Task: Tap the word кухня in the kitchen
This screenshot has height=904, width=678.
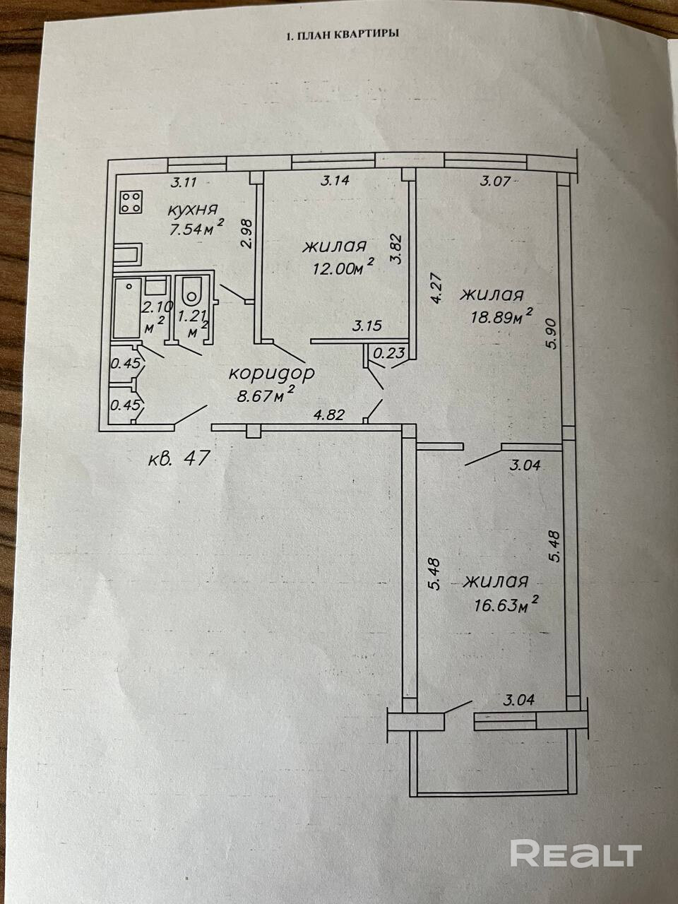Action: click(192, 210)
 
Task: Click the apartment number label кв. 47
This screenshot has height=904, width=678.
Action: click(179, 459)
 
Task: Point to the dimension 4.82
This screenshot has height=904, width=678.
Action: click(328, 415)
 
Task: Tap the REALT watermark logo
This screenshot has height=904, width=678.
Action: click(576, 854)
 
